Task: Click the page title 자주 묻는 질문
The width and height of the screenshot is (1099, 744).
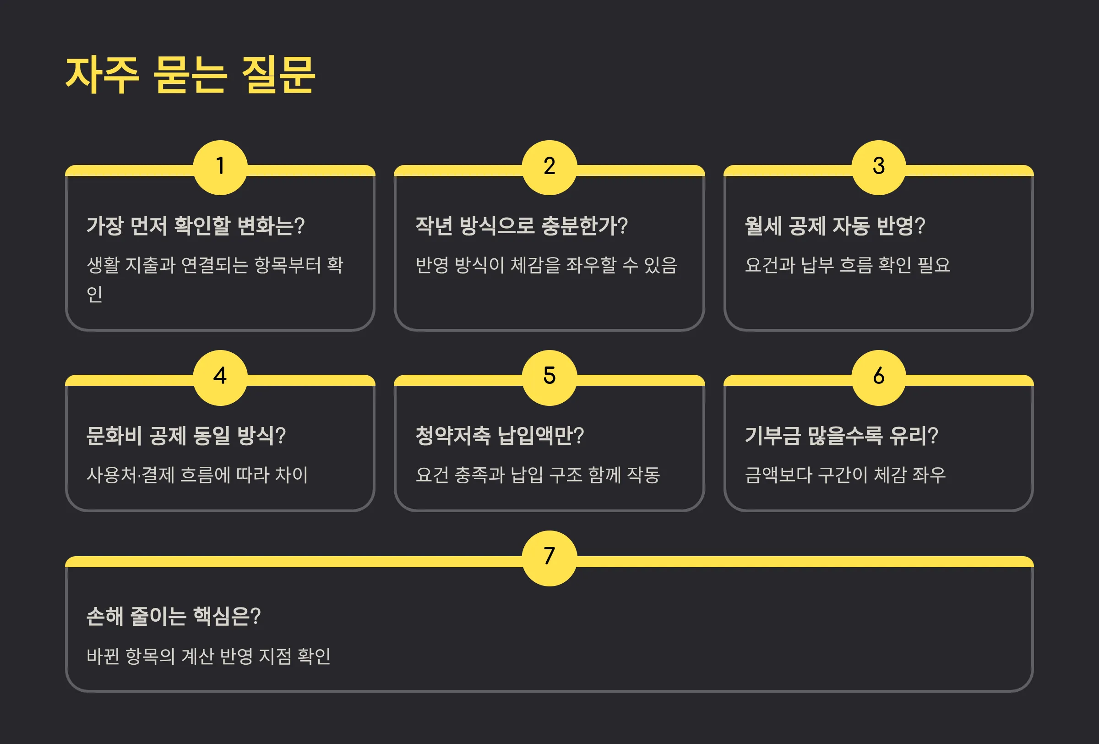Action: pyautogui.click(x=190, y=75)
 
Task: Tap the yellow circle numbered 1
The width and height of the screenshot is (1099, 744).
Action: pyautogui.click(x=220, y=167)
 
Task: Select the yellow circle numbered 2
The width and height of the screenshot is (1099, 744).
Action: pyautogui.click(x=549, y=167)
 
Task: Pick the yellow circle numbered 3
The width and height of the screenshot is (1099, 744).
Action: pyautogui.click(x=878, y=167)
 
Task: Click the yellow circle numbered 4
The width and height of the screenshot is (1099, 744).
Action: pyautogui.click(x=220, y=377)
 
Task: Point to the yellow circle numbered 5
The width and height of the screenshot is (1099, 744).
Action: pyautogui.click(x=549, y=377)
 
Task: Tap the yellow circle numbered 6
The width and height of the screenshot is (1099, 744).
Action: pyautogui.click(x=878, y=377)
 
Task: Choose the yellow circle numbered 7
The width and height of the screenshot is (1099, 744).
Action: pyautogui.click(x=549, y=558)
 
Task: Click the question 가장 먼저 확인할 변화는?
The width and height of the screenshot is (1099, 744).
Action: pyautogui.click(x=196, y=226)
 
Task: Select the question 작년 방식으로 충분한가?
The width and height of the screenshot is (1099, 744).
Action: pyautogui.click(x=521, y=226)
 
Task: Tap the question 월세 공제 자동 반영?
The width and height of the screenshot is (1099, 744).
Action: pyautogui.click(x=835, y=226)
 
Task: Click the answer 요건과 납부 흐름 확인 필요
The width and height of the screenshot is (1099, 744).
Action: pyautogui.click(x=848, y=265)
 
